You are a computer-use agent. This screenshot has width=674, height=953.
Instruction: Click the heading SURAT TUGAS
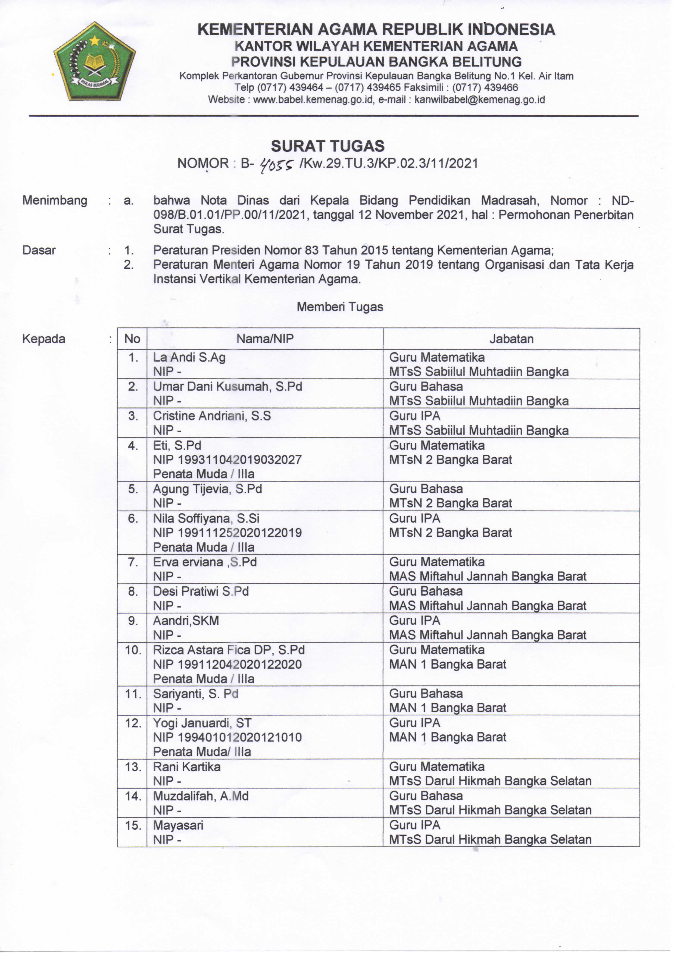(328, 146)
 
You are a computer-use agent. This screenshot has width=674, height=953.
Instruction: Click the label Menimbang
(55, 200)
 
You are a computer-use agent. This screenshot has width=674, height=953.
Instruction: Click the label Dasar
(39, 250)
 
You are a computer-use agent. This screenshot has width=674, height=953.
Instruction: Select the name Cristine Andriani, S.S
(212, 416)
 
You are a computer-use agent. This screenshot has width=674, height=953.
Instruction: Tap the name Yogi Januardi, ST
(202, 723)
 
